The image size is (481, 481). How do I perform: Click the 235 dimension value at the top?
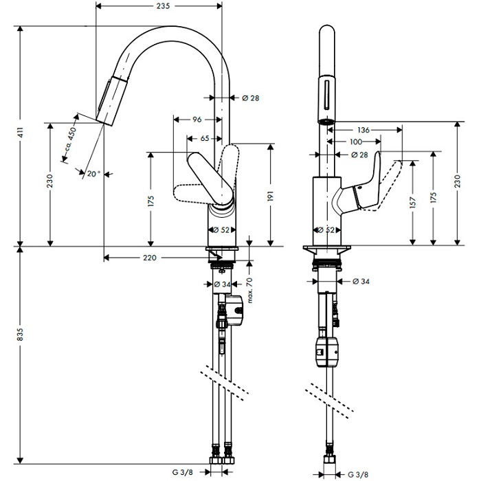pos(163,5)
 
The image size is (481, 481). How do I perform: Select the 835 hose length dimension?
pos(20,334)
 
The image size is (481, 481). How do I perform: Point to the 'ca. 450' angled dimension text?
pos(70,139)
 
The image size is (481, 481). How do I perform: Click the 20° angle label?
pos(93,174)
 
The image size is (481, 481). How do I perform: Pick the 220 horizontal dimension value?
pos(149,258)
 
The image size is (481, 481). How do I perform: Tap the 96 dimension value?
pos(197,120)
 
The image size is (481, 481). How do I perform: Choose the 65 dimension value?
pos(205,138)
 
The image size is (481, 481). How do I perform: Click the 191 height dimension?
pos(270,196)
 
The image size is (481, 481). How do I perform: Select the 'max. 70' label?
pos(249,290)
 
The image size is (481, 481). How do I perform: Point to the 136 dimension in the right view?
pos(363,130)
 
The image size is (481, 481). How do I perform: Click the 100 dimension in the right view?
pos(356,142)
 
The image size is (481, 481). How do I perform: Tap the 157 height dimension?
pos(412,203)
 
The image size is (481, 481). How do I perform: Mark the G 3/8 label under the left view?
pos(183,472)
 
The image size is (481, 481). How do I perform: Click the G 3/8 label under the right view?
pos(358,474)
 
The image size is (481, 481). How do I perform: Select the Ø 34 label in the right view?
pos(361,281)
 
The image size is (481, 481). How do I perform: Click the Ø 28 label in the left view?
pos(251,98)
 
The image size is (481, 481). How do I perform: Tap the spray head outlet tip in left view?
pos(104,122)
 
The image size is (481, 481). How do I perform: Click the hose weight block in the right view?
pos(326,352)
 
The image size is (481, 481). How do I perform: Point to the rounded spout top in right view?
pos(327,27)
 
